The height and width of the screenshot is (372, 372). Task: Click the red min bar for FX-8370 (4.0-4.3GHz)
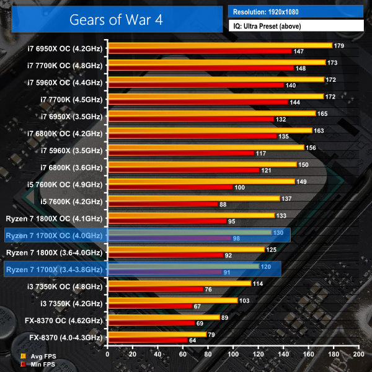pos(148,340)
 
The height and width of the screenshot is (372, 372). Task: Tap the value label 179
pos(339,46)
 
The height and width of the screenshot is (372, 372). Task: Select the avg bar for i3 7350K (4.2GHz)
pos(172,300)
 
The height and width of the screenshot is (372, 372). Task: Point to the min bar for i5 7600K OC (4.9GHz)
pos(170,187)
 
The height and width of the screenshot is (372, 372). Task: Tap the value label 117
pos(261,153)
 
